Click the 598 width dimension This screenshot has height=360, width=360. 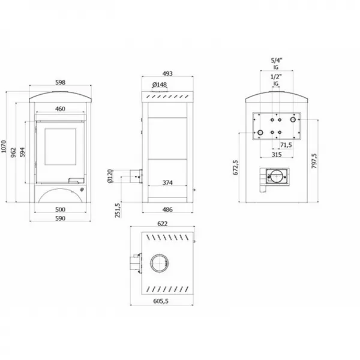(59, 82)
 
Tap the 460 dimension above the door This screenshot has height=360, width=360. (59, 109)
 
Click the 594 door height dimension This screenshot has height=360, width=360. (23, 152)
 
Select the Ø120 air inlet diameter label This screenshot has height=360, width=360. (111, 176)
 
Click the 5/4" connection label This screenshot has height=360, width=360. (276, 61)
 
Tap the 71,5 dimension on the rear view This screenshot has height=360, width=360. (286, 145)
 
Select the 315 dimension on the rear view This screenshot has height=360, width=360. (276, 155)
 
